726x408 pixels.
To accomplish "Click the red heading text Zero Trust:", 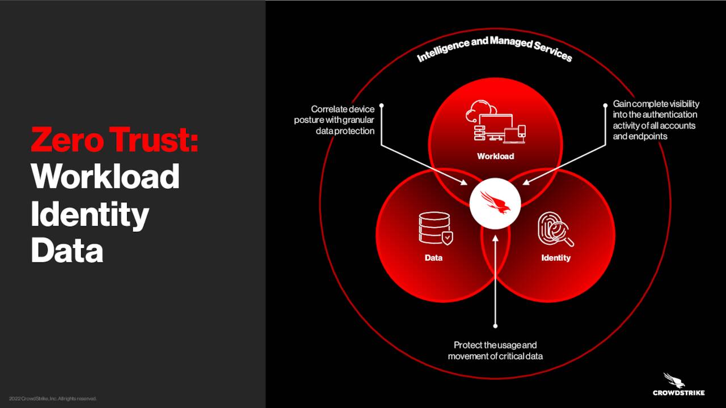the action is pyautogui.click(x=115, y=139).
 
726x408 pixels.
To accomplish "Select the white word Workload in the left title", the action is pyautogui.click(x=105, y=176).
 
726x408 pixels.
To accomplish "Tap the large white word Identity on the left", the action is pyautogui.click(x=90, y=215).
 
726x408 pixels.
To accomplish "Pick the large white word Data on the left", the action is pyautogui.click(x=67, y=250).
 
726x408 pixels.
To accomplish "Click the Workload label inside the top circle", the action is pyautogui.click(x=495, y=156).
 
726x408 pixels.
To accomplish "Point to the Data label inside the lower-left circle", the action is pyautogui.click(x=433, y=258).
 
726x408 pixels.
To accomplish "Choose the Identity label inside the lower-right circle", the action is pyautogui.click(x=555, y=258).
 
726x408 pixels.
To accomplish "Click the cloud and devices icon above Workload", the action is pyautogui.click(x=496, y=122).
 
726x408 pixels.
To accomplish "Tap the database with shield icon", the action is pyautogui.click(x=436, y=228).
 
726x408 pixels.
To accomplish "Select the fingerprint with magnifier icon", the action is pyautogui.click(x=555, y=229).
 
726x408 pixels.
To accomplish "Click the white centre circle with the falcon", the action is pyautogui.click(x=495, y=203).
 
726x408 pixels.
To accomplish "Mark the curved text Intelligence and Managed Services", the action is pyautogui.click(x=494, y=49).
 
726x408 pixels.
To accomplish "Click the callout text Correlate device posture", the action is pyautogui.click(x=334, y=120).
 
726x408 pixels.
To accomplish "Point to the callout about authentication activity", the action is pyautogui.click(x=656, y=120).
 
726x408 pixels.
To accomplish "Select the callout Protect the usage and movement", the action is pyautogui.click(x=495, y=351).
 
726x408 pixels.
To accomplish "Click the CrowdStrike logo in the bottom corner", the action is pyautogui.click(x=678, y=384).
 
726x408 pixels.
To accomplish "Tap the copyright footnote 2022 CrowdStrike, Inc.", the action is pyautogui.click(x=53, y=398).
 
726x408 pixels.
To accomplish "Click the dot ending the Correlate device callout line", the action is pyautogui.click(x=382, y=105).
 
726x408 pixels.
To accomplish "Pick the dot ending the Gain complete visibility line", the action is pyautogui.click(x=605, y=105).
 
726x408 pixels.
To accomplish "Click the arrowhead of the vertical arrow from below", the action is pyautogui.click(x=495, y=239).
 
